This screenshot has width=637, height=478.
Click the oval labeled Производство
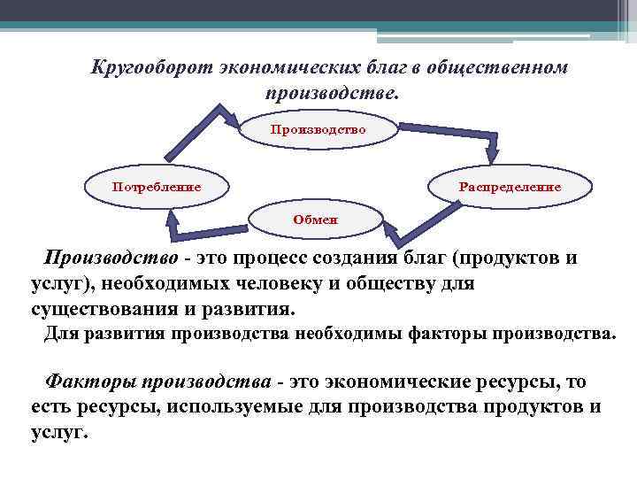[318, 129]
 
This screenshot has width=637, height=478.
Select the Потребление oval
[156, 187]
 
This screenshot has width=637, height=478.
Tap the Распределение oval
[509, 187]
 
